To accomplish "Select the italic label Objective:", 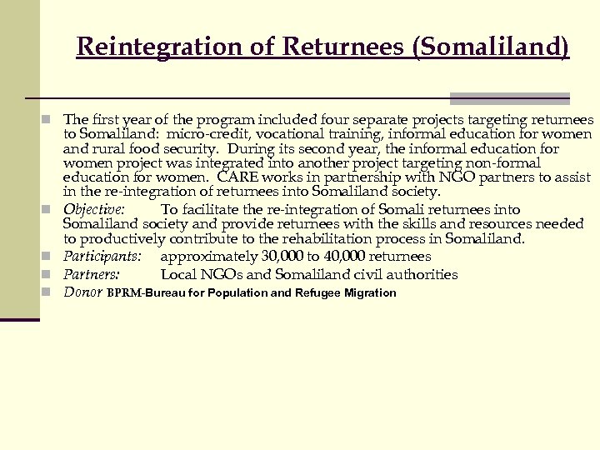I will (x=94, y=210).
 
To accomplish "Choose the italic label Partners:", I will (x=92, y=274).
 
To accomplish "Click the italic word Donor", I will (x=82, y=292).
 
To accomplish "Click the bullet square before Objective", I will (x=51, y=209).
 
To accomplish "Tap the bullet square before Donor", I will (x=51, y=292).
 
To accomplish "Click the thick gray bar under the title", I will (x=509, y=97).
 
